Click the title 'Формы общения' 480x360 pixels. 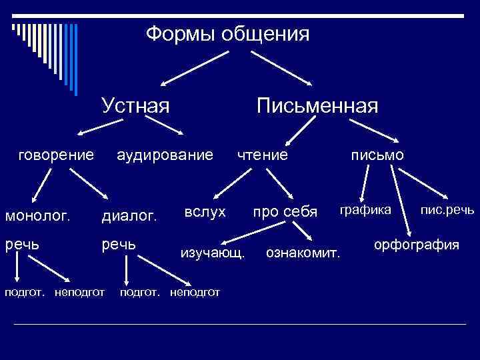[228, 33]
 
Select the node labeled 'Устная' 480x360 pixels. [135, 105]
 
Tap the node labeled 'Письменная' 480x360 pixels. [317, 105]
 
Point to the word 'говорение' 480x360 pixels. [56, 155]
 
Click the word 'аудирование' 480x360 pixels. [165, 155]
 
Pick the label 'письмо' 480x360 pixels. [378, 155]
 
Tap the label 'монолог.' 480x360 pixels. [38, 215]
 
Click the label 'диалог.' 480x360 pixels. [129, 215]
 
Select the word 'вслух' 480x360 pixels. [205, 211]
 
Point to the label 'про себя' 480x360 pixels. [285, 212]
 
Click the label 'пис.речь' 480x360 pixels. [447, 210]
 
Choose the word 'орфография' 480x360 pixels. [417, 245]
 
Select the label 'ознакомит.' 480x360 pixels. [303, 253]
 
